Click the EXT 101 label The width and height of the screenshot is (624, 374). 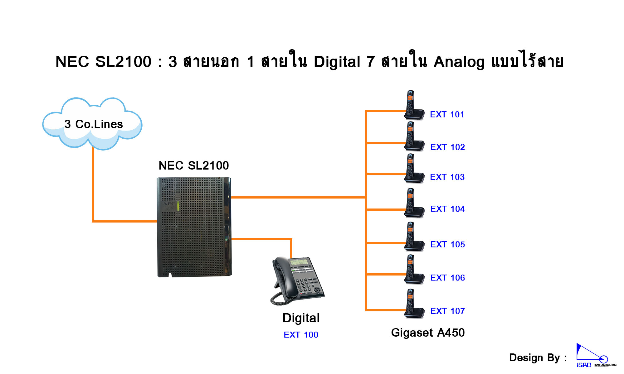point(447,114)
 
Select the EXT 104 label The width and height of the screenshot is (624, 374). point(447,209)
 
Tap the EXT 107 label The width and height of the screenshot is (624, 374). point(447,311)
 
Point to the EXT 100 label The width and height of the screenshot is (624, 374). point(301,335)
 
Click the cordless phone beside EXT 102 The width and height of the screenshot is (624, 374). point(413,137)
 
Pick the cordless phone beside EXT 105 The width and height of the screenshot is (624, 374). point(413,237)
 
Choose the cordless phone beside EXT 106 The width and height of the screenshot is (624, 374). point(413,270)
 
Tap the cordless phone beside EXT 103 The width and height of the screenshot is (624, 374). point(413,169)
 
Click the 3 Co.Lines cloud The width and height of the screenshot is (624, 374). point(93,124)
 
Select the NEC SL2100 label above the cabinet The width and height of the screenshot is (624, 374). point(194,165)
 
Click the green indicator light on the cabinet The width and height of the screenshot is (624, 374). point(178,206)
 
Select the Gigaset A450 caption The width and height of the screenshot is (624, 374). point(428,333)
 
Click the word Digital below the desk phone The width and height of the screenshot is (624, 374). point(301,318)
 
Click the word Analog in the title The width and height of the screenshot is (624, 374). point(459,62)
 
